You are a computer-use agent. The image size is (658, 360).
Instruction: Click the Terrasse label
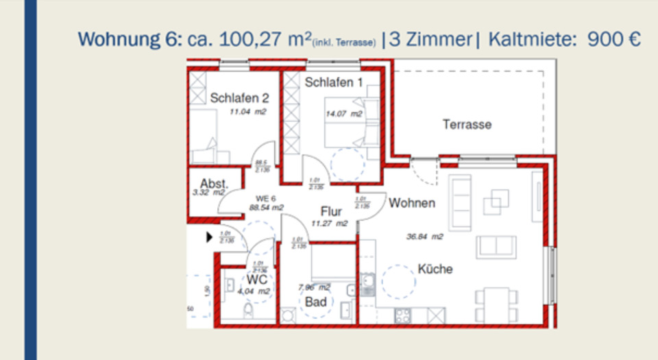pos(467,125)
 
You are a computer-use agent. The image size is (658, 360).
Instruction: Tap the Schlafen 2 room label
pos(234,98)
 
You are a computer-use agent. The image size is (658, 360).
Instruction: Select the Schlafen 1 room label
pos(334,83)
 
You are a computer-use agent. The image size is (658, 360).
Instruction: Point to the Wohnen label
pos(412,204)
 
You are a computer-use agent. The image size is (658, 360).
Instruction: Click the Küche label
pos(435,269)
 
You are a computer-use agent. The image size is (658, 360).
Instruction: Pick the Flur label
pos(331,211)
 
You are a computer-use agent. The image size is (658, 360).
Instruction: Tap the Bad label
pos(315,302)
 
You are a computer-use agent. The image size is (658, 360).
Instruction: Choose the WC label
pos(257,280)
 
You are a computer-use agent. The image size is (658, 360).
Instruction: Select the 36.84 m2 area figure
pos(424,237)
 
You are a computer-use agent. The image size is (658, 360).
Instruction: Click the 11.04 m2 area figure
pos(247,111)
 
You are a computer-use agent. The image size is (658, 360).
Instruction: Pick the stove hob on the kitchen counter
pos(402,316)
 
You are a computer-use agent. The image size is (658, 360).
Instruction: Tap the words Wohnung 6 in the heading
pos(127,39)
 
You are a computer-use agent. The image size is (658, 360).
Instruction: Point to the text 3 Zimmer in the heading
pos(430,39)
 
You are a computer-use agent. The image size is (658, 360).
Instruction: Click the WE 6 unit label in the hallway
pos(267,198)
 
